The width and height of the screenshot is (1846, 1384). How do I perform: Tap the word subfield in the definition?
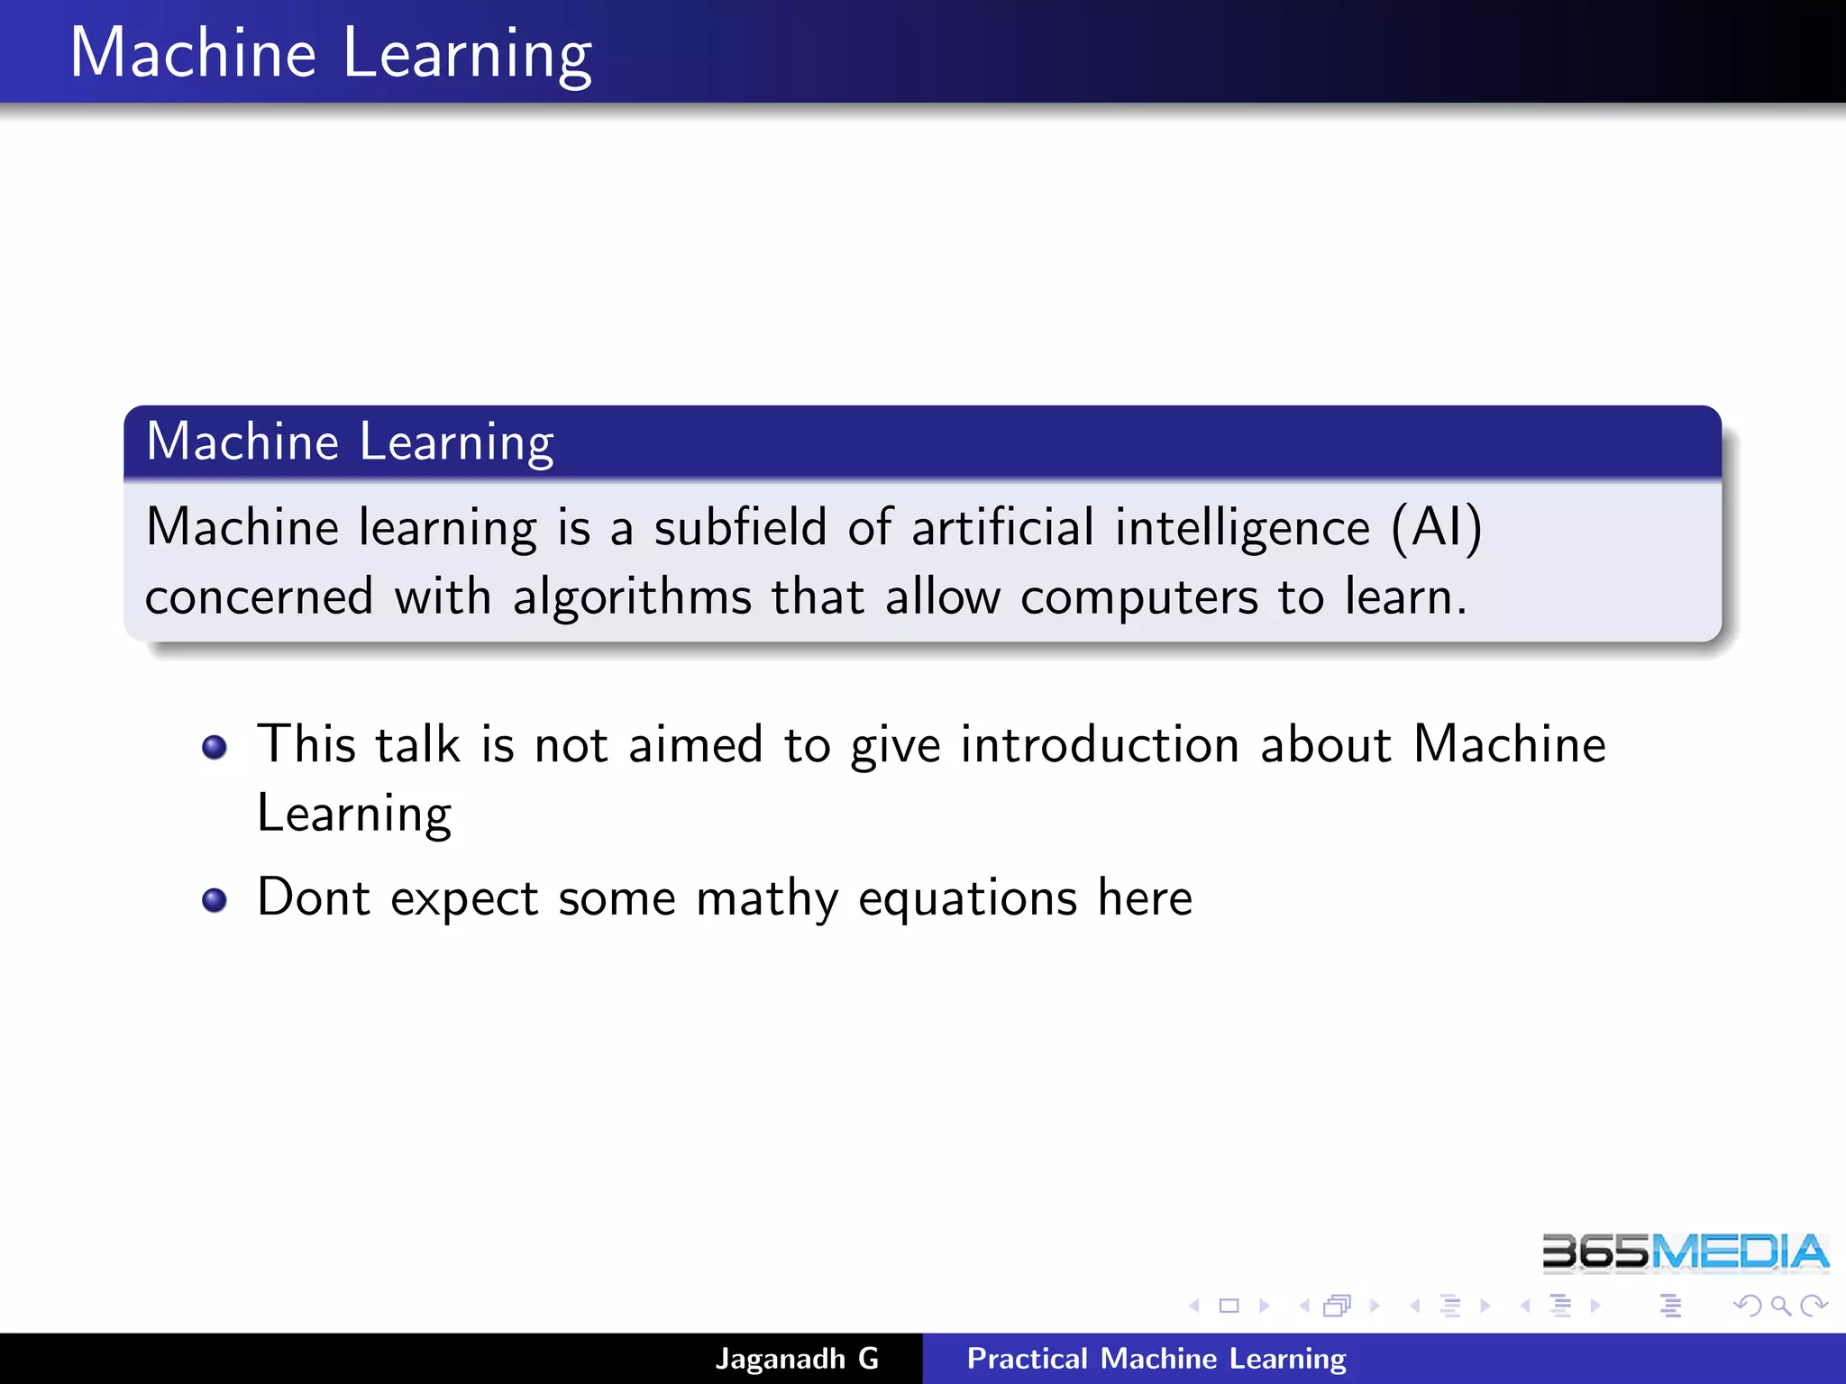[739, 527]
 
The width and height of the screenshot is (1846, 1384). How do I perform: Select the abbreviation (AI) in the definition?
[1436, 527]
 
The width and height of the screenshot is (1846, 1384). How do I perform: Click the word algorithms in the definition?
[632, 597]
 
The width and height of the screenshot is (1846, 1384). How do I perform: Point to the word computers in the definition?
[1138, 597]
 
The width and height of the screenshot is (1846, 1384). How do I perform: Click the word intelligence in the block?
[1242, 529]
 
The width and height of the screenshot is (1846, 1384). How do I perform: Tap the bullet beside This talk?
[215, 747]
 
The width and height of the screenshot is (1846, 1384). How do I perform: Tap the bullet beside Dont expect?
[215, 900]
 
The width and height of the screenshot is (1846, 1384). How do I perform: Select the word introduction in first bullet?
[1099, 745]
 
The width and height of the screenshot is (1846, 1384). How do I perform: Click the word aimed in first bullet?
[695, 745]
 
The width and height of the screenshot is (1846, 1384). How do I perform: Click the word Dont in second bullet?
[313, 898]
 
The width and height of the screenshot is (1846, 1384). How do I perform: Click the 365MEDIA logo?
[1684, 1252]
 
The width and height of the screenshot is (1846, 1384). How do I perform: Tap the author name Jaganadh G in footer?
[797, 1359]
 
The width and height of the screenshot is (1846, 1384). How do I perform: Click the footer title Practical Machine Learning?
[1156, 1359]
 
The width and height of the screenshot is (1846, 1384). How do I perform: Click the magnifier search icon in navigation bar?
[1779, 1306]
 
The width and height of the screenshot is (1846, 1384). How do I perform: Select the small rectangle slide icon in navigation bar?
[1229, 1306]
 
